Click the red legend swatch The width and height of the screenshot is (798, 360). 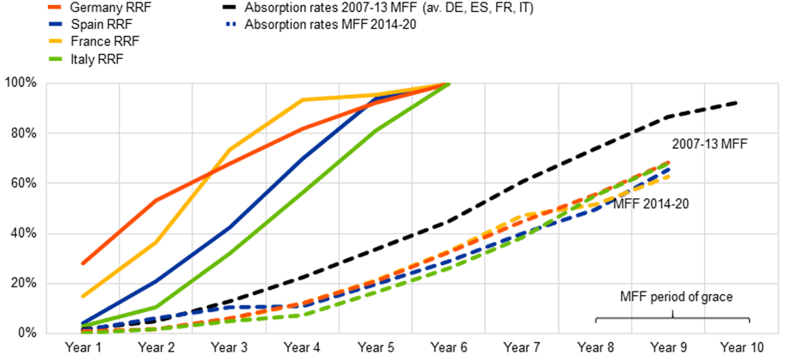55,7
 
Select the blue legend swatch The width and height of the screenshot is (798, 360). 55,24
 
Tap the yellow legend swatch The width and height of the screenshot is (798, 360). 55,41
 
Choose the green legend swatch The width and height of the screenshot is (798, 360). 55,59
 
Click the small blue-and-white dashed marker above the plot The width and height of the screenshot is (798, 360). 228,24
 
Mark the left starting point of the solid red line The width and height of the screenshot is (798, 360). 82,263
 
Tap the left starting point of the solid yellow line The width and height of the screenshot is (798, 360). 82,296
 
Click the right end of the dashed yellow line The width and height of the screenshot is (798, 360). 669,177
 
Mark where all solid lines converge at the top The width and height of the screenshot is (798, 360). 447,84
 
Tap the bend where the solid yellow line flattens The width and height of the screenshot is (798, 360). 302,99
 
